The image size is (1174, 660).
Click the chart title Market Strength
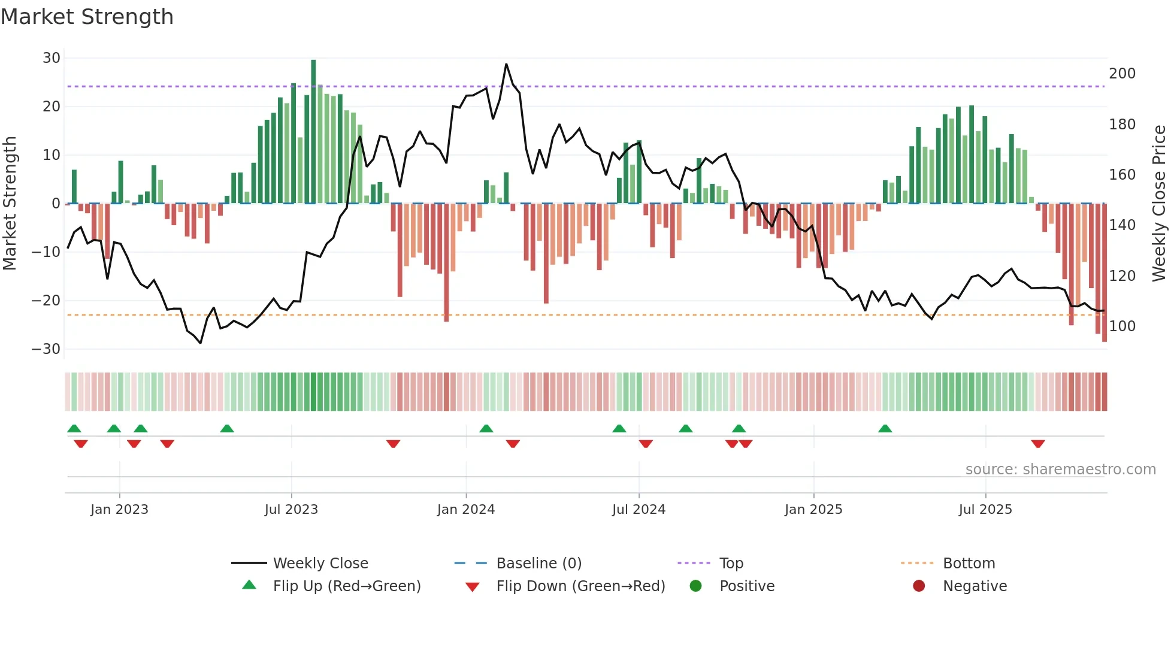[87, 17]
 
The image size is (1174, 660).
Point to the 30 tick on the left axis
[52, 58]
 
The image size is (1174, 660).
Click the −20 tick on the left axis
[47, 301]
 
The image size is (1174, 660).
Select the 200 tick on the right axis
[1122, 74]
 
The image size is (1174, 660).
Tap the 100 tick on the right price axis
[1122, 326]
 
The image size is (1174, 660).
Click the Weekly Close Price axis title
[1159, 204]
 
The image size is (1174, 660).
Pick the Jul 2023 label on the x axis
[291, 510]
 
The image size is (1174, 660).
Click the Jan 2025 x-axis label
[813, 510]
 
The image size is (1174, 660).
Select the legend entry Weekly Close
[320, 564]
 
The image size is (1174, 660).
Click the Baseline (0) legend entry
[538, 564]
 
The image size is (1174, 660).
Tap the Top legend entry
[731, 564]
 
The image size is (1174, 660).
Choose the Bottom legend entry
[969, 564]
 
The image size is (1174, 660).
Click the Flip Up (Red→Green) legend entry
[347, 586]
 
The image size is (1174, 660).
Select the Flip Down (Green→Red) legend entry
[580, 586]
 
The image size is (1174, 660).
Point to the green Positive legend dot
[695, 586]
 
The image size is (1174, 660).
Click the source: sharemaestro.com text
[1060, 470]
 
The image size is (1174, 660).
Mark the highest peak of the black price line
[506, 64]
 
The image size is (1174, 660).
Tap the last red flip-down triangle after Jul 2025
[1038, 444]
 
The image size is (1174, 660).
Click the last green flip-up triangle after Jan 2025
[885, 428]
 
